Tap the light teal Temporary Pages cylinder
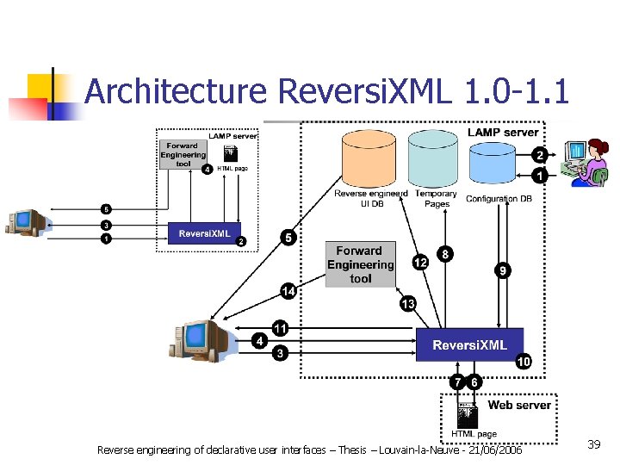[x=435, y=160]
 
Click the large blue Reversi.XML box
[x=469, y=345]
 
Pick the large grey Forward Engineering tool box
[x=360, y=264]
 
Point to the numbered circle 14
[x=288, y=292]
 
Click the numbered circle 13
[x=407, y=303]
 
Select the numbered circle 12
[x=420, y=263]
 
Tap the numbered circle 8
[x=444, y=254]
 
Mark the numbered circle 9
[x=502, y=270]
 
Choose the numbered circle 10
[x=524, y=363]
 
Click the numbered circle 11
[x=280, y=328]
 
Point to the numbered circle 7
[x=458, y=381]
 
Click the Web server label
[x=518, y=405]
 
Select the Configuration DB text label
[x=499, y=199]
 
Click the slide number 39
[x=593, y=444]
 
